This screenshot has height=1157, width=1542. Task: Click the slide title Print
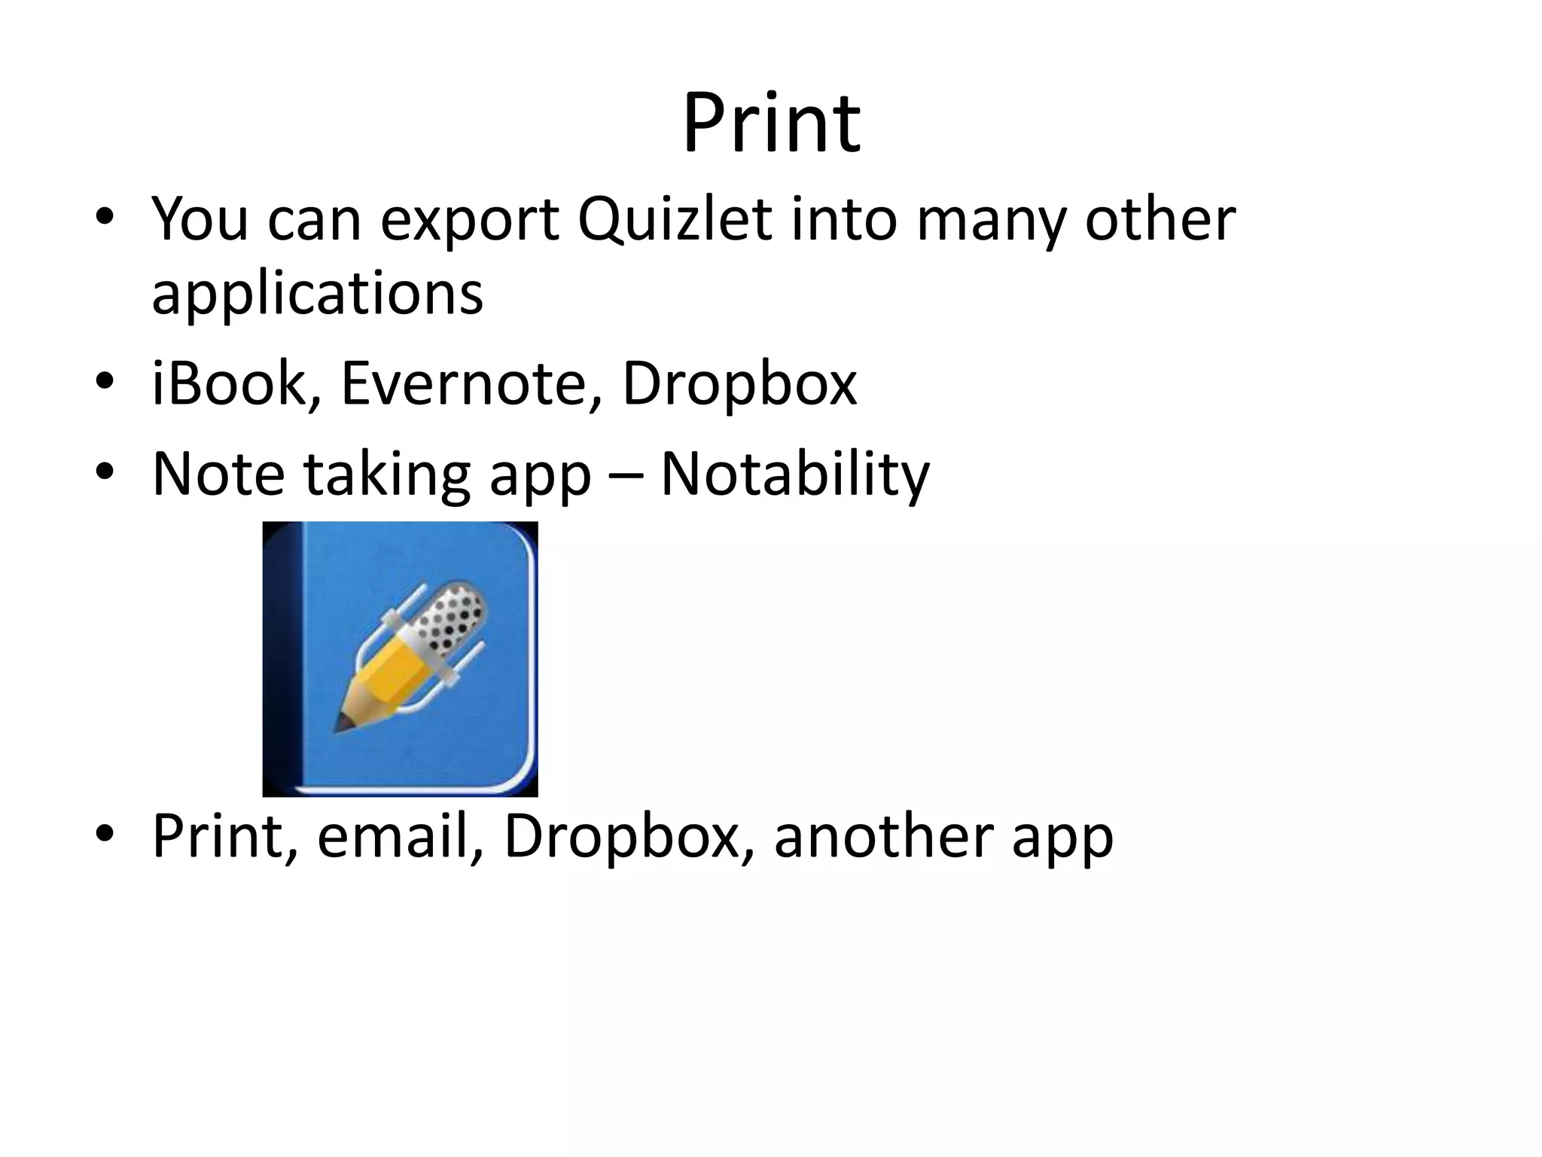[771, 124]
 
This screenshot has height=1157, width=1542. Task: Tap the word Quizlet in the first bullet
[675, 220]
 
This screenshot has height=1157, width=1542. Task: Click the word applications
[317, 294]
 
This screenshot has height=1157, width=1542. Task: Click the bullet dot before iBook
[105, 381]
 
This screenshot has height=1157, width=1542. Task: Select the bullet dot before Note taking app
[105, 472]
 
